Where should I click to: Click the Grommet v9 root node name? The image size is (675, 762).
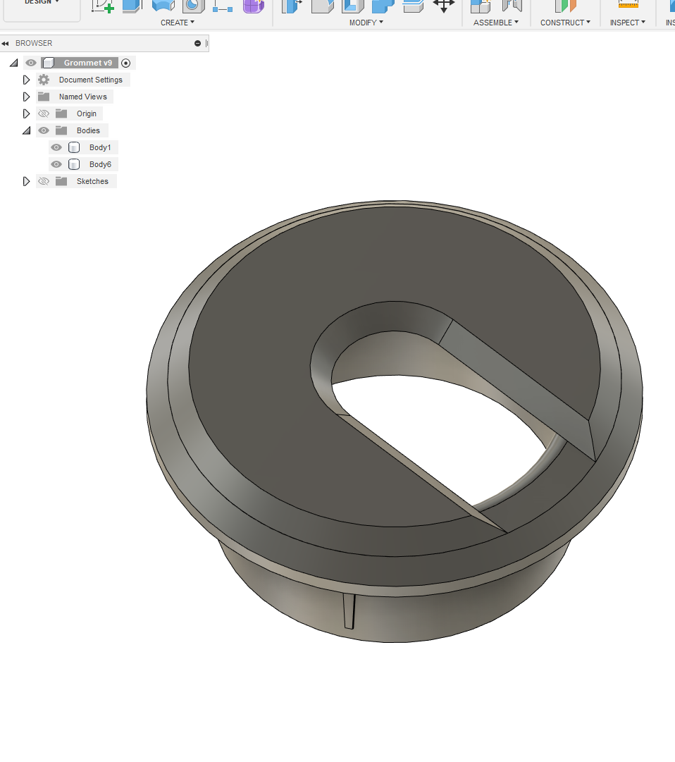pos(87,63)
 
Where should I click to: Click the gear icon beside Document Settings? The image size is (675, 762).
pos(44,80)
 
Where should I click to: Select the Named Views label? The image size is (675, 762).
pos(83,97)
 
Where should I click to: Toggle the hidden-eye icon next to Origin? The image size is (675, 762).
pos(44,113)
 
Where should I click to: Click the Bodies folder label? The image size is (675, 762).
pos(88,130)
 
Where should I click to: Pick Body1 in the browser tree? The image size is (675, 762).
pos(100,147)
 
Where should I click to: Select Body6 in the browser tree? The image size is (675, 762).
pos(100,164)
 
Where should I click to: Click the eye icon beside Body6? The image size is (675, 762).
pos(56,164)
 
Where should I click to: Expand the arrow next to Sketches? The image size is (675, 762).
pos(27,181)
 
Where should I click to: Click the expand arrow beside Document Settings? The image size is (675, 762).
pos(27,80)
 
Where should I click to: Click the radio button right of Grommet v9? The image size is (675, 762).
pos(126,63)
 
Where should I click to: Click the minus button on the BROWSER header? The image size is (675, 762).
pos(198,43)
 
